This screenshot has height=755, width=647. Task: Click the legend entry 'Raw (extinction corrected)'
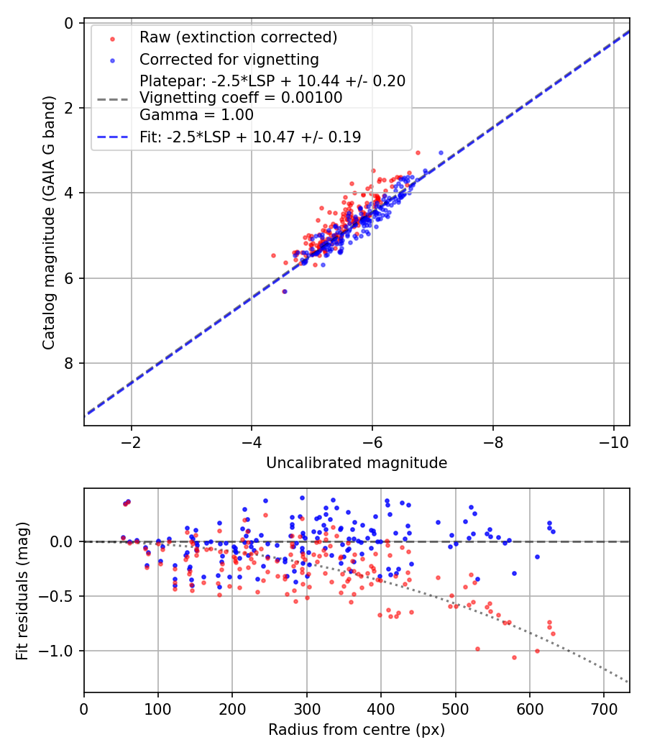pos(238,37)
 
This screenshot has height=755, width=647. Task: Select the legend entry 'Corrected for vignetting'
pos(229,59)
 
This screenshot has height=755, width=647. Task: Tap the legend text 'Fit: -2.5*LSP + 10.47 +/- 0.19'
pos(250,137)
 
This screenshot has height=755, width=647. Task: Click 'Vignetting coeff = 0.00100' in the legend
pos(241,98)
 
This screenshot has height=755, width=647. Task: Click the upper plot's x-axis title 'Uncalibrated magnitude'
pos(357,463)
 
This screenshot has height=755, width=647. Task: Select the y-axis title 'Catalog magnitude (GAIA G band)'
pos(48,224)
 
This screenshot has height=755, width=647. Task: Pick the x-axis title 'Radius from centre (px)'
pos(357,730)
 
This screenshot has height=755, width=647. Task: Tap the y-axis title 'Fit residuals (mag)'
pos(22,591)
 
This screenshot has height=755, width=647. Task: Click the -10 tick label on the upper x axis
pos(613,442)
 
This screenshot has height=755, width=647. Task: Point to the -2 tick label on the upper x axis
pos(131,442)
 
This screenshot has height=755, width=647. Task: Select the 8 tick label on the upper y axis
pos(69,363)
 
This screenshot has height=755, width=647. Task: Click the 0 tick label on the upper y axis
pos(69,23)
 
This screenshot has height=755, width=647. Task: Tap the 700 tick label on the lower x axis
pos(603,710)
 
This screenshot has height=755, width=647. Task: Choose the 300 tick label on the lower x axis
pos(306,710)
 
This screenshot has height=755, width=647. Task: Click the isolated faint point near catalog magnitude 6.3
pos(285,291)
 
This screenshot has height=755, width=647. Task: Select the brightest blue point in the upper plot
pos(441,152)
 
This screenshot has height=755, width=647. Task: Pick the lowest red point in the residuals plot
pos(514,657)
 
